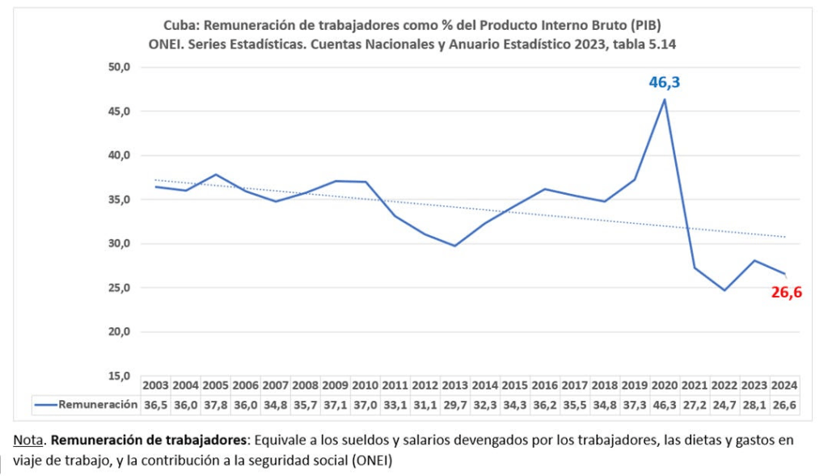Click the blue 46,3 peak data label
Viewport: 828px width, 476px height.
664,82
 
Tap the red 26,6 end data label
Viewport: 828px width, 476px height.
786,293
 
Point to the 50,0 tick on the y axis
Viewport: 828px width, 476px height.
119,67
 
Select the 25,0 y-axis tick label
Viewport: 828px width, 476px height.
119,288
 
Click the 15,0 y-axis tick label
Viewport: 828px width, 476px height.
119,376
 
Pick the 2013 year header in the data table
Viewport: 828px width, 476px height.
455,385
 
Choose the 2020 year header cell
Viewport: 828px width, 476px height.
664,385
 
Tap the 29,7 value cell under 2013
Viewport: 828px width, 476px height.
455,406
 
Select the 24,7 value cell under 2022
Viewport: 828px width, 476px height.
724,406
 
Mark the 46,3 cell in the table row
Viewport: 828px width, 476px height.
664,406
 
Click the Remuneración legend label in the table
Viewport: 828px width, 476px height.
97,406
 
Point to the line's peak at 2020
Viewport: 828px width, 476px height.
664,100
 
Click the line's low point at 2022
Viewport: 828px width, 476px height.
724,290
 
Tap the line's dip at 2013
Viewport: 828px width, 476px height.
455,246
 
